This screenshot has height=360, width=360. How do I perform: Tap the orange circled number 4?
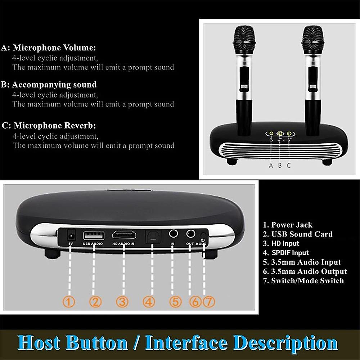[149, 301]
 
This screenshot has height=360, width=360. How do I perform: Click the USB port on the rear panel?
[94, 236]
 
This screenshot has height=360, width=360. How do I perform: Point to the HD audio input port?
[123, 235]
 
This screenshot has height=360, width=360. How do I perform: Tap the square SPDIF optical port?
[152, 236]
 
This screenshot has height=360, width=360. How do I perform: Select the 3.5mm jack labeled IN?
[174, 234]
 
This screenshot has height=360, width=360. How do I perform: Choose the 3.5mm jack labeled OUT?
[190, 234]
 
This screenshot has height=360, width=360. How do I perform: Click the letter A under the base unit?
[271, 165]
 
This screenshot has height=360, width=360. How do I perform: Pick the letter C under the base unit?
[288, 165]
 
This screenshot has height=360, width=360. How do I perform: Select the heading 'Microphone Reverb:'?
[55, 126]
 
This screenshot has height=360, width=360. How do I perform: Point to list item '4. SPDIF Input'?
[286, 253]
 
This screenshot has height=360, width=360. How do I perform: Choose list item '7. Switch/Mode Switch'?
[303, 281]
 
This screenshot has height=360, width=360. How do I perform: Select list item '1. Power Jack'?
[287, 225]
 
